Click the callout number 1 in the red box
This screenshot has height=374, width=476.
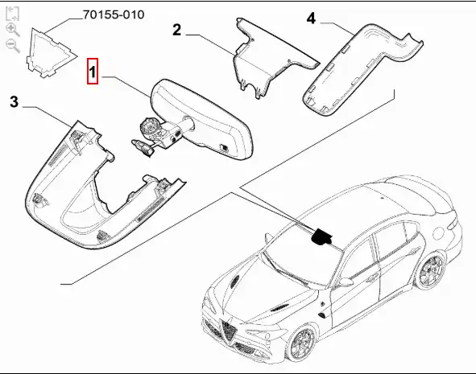click(x=93, y=72)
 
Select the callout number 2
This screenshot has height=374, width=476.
click(x=176, y=30)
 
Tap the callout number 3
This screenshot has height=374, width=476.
click(x=14, y=102)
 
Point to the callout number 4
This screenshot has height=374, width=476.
click(x=311, y=18)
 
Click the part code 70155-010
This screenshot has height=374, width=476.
click(x=114, y=14)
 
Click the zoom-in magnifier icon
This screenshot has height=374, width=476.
click(x=12, y=30)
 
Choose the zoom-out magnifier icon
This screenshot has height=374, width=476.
click(x=12, y=46)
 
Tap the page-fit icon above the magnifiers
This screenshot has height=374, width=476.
click(x=12, y=14)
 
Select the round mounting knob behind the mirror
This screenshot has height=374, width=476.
click(x=148, y=127)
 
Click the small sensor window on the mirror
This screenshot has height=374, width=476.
click(x=224, y=147)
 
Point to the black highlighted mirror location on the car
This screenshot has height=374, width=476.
click(x=321, y=236)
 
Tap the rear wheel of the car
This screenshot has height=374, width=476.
click(x=430, y=271)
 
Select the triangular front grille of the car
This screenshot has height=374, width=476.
click(x=228, y=332)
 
